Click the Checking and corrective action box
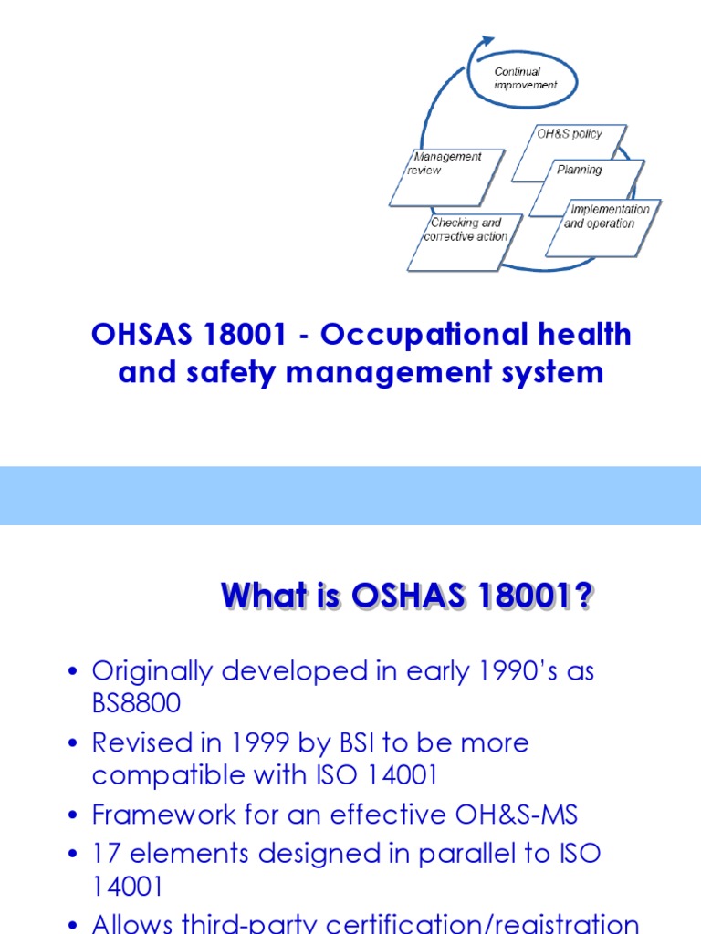click(466, 241)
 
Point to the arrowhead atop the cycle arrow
click(487, 41)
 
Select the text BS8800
click(136, 703)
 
